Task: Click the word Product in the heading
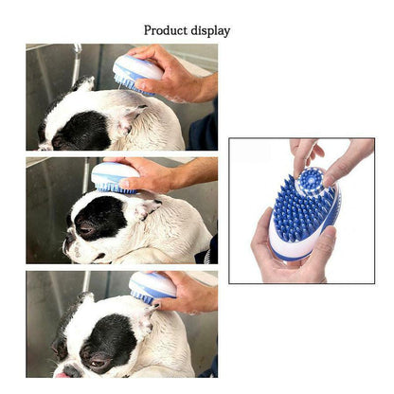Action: (166, 30)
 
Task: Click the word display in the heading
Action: (210, 31)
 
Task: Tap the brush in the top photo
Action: (137, 75)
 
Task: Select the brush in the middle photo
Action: (115, 177)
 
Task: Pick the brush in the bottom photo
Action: (152, 288)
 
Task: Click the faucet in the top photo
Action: (77, 63)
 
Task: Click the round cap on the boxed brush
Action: (311, 182)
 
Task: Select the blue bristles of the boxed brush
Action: (301, 208)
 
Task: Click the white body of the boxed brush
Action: (292, 248)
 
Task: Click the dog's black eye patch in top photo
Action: (82, 130)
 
